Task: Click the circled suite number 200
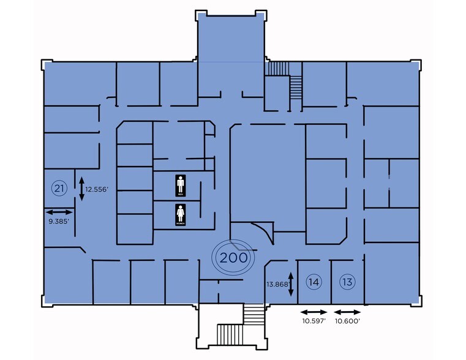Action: click(233, 258)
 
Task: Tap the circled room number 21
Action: click(59, 188)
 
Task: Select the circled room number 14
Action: click(314, 282)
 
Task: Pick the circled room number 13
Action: click(347, 282)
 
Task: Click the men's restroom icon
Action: click(181, 184)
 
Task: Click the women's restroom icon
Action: click(181, 214)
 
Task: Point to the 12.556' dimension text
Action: click(97, 189)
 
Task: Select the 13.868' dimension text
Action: click(276, 284)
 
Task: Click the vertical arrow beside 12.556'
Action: click(81, 189)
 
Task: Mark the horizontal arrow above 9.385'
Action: click(59, 211)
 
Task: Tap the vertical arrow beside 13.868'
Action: click(291, 283)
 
